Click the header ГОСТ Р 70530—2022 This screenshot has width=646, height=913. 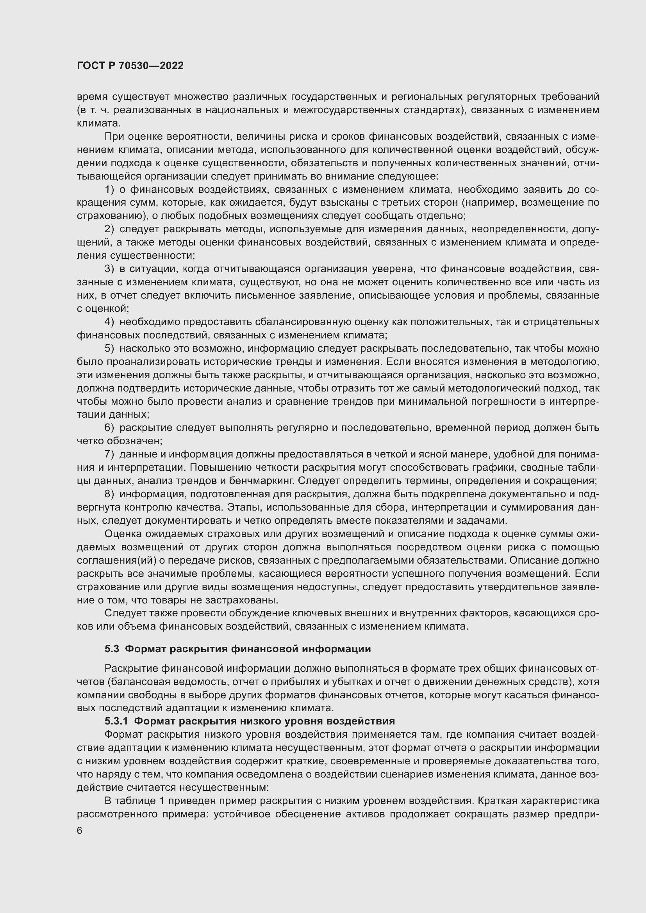coord(130,66)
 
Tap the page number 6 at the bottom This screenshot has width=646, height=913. coord(80,831)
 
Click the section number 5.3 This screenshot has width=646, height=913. coord(112,649)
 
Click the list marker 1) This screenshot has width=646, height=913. coord(109,190)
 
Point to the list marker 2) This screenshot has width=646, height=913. coord(109,229)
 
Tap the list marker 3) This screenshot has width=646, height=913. coord(109,269)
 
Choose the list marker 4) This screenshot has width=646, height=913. coord(109,322)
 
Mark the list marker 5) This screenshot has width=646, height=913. coord(109,348)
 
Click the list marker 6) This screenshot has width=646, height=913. coord(109,428)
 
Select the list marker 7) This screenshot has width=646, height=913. coord(109,454)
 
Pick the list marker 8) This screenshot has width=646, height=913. coord(109,494)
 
